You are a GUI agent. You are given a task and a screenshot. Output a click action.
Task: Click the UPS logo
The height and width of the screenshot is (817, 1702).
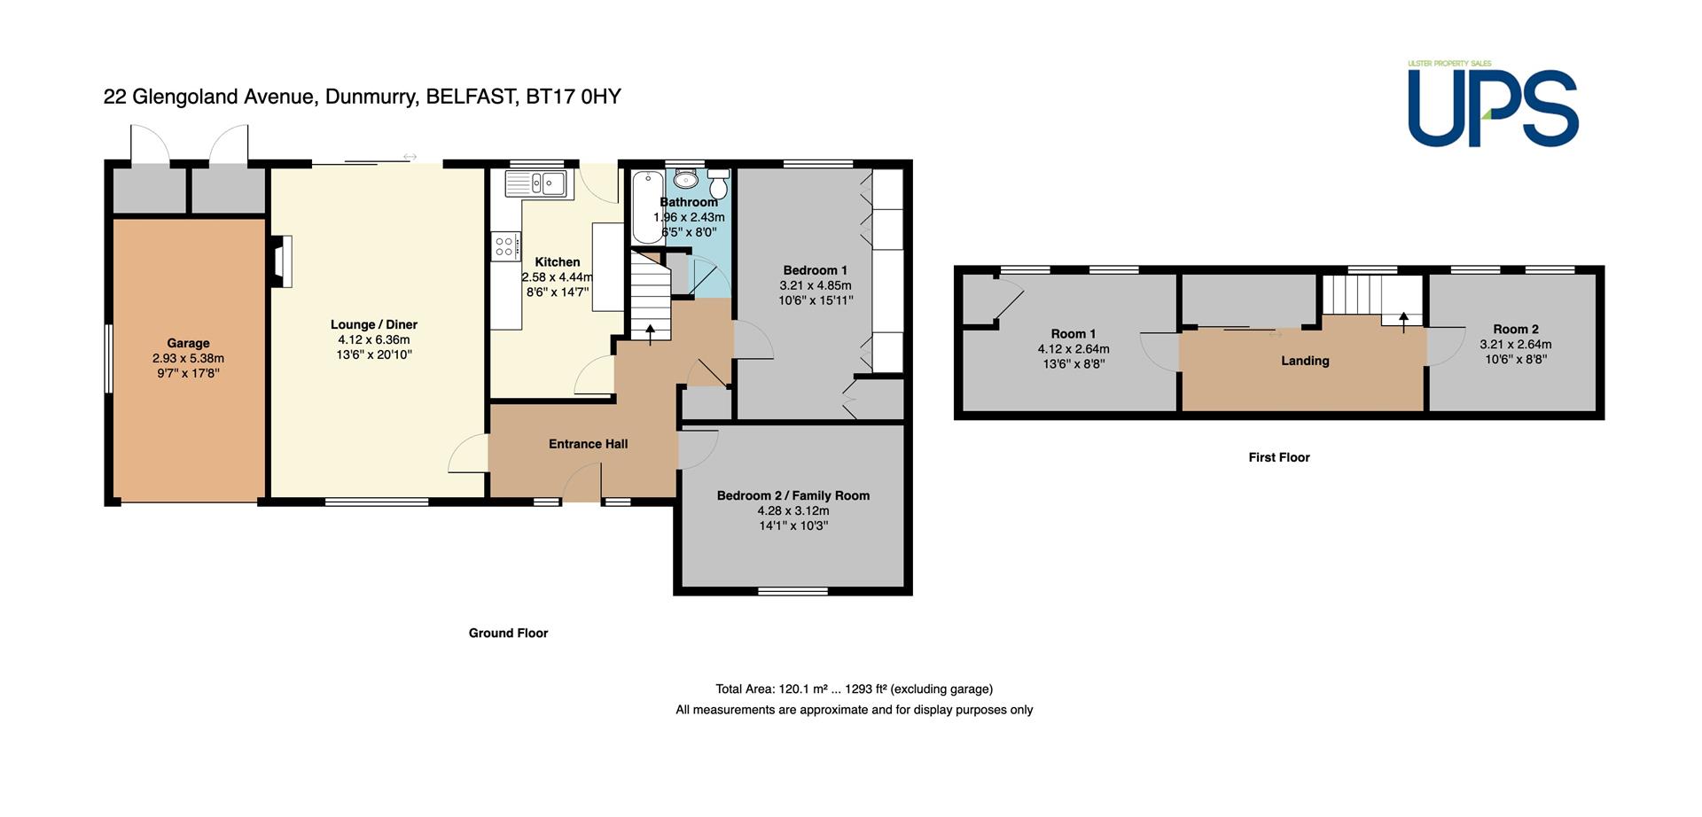(1493, 104)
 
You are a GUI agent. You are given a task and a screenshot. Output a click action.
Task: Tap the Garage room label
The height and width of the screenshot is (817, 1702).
(188, 343)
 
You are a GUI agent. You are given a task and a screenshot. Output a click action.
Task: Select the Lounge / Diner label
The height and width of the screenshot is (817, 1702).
(374, 324)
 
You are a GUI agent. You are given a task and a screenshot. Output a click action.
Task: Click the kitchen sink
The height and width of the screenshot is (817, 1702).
(536, 183)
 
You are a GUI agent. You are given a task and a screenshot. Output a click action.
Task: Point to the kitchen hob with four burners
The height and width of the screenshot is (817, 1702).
(505, 245)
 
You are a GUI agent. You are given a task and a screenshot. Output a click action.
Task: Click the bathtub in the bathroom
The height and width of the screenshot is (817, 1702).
(648, 206)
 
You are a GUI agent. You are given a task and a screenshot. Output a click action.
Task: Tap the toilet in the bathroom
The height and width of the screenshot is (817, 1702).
(718, 183)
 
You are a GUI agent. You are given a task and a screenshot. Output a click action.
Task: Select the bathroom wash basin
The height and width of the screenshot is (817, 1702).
(686, 179)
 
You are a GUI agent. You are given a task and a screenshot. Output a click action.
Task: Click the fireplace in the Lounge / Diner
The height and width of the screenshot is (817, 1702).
(281, 261)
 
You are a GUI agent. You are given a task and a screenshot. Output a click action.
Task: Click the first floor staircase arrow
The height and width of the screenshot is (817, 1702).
(1403, 322)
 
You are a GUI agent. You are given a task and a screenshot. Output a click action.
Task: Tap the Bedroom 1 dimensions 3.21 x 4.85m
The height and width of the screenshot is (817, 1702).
(816, 285)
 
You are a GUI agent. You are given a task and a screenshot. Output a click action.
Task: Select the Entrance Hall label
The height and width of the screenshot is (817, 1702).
(588, 444)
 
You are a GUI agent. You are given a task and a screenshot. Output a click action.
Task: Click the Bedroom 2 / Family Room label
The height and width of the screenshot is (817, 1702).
(793, 495)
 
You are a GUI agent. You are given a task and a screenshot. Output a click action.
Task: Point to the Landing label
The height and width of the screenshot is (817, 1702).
(1305, 361)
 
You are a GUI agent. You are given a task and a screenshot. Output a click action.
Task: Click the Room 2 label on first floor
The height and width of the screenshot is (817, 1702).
(1516, 329)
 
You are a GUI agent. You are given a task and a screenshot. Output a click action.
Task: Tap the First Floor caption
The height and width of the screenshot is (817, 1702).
(1279, 457)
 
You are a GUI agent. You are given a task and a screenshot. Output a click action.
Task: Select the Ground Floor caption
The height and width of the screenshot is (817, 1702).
(508, 633)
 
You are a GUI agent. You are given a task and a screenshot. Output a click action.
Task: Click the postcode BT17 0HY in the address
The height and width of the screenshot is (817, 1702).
(574, 97)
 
